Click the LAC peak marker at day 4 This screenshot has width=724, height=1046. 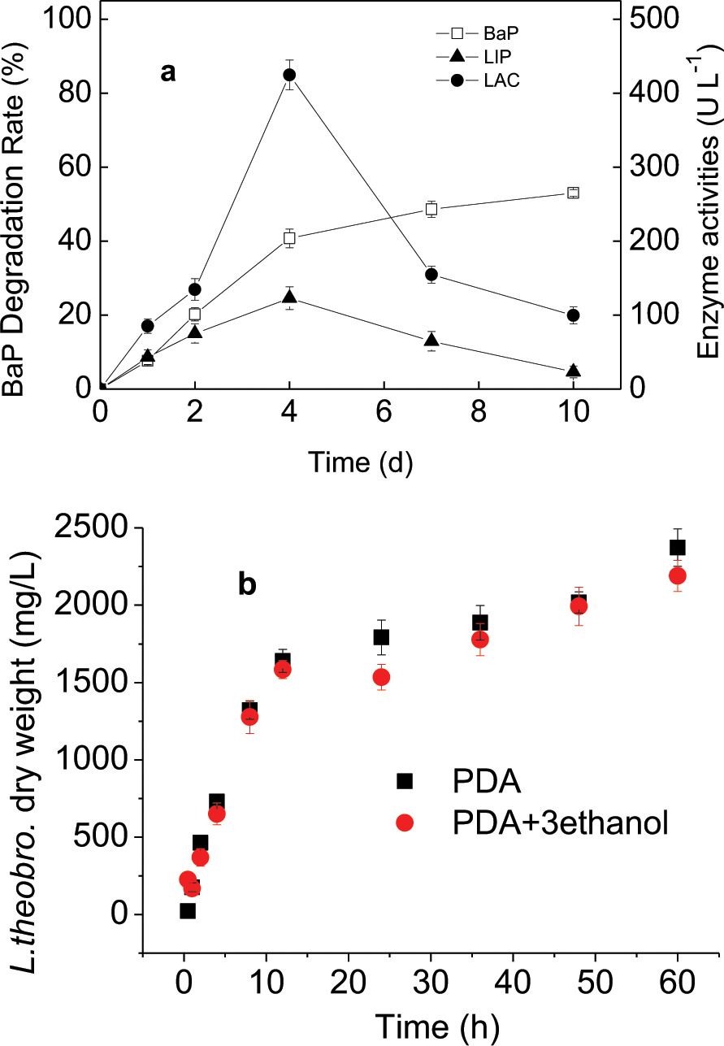point(288,75)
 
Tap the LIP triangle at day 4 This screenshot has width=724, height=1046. point(288,297)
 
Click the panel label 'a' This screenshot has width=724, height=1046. point(168,73)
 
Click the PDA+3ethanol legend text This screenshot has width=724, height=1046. point(559,823)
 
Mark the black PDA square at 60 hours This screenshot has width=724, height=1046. point(677,547)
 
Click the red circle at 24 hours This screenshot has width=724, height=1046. point(382,678)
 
